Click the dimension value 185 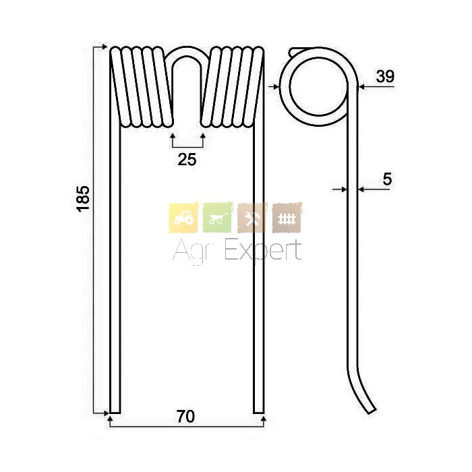click(x=83, y=199)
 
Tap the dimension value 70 click(x=185, y=417)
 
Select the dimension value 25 click(x=187, y=160)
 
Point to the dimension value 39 click(x=385, y=76)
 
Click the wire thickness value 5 click(x=387, y=179)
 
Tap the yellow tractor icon click(x=183, y=218)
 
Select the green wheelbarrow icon click(x=218, y=218)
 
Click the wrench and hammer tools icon click(x=252, y=218)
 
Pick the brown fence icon click(x=287, y=218)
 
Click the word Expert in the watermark click(x=264, y=250)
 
